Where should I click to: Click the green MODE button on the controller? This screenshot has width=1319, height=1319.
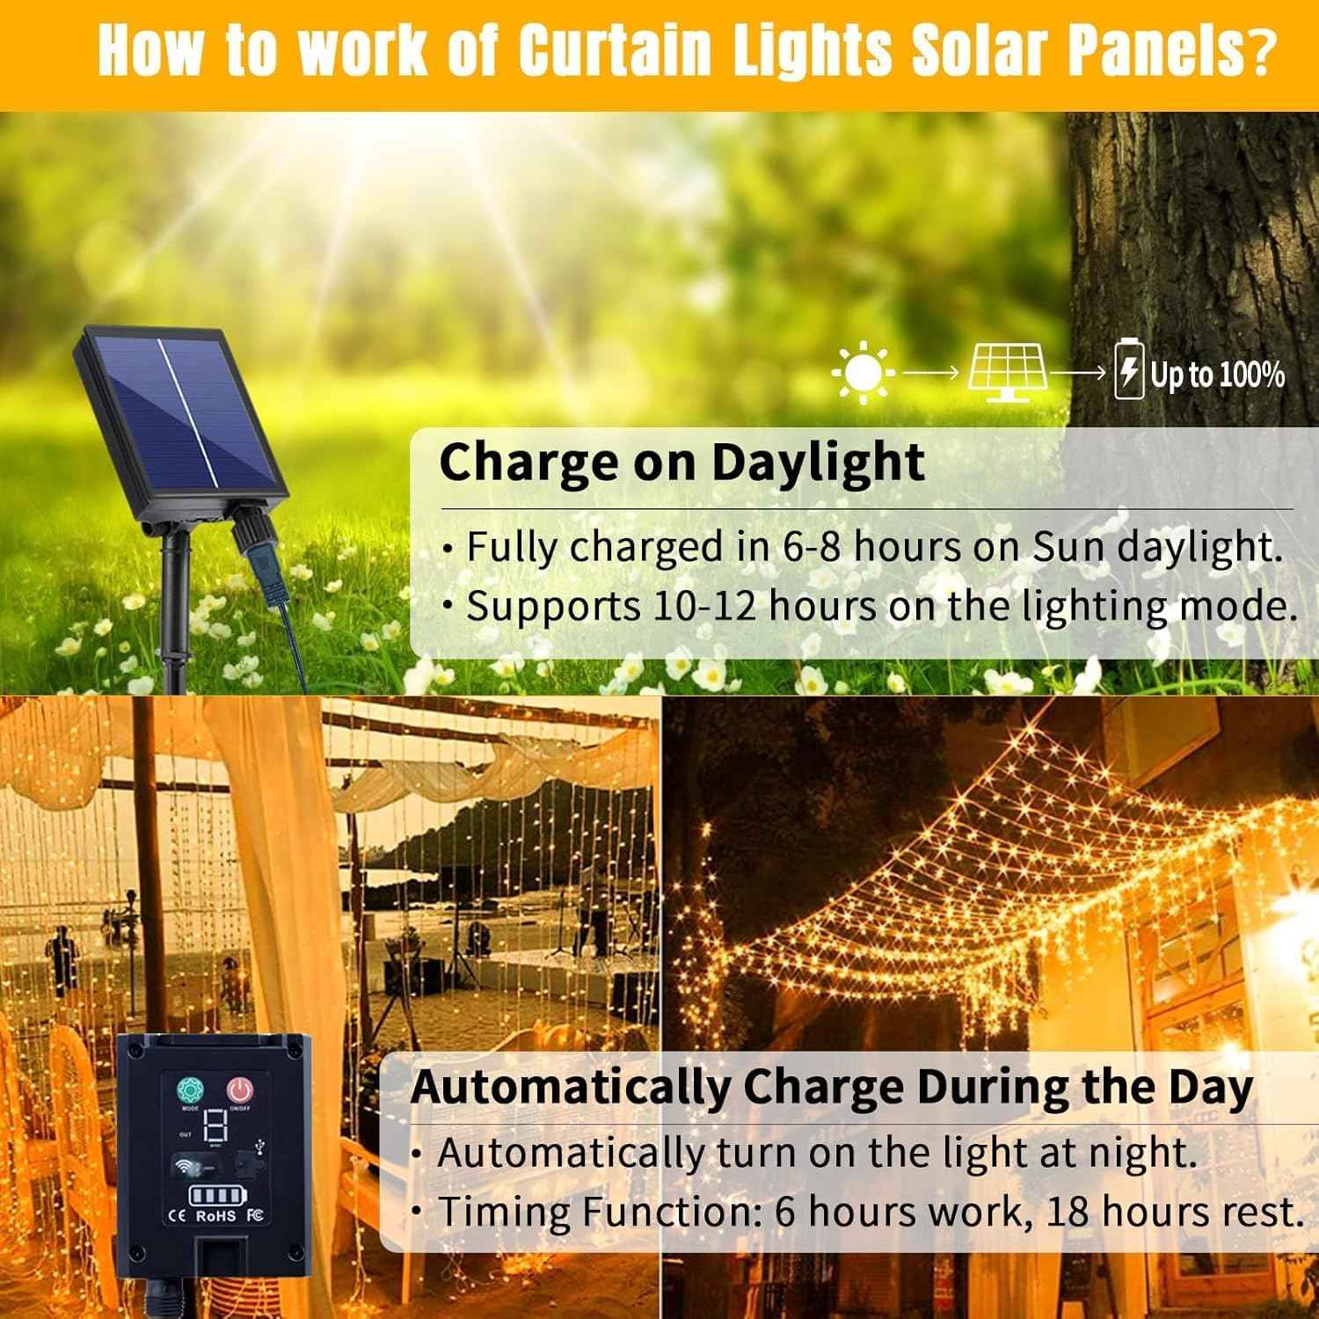coord(189,1091)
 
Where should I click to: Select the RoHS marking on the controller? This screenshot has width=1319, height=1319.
coord(215,1216)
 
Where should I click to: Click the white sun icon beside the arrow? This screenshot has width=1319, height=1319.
coord(864,373)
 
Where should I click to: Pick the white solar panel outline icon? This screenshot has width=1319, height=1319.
coord(1008,372)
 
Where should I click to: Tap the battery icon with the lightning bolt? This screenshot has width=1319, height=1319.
coord(1128,372)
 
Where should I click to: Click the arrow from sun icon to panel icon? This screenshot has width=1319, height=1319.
coord(932,373)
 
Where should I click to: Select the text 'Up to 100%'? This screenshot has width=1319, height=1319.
coord(1218,375)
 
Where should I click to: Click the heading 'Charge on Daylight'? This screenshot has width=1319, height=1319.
coord(681,462)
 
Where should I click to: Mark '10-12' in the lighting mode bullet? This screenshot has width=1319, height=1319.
coord(704,606)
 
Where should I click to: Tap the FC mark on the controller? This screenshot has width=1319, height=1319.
coord(257,1216)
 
